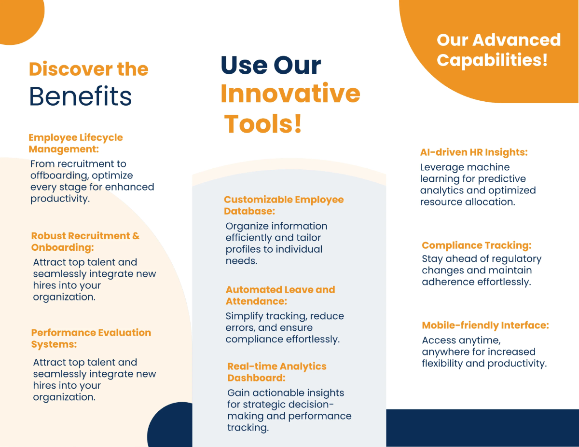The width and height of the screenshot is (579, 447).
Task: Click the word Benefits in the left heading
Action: pos(81,96)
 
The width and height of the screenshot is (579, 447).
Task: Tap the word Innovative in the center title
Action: pos(290,94)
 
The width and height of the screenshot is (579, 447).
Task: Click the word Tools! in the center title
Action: pos(263,124)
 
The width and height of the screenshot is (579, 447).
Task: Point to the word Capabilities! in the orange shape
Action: pos(492,61)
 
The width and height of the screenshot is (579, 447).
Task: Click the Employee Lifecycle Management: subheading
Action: pos(76,143)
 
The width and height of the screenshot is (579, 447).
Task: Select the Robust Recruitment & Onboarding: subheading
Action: pos(85,242)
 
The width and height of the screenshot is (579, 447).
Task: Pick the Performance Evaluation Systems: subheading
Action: pos(91,339)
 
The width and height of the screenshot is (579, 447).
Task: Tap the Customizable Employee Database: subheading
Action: pos(284,205)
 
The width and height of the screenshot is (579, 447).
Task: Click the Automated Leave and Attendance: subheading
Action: pos(280,295)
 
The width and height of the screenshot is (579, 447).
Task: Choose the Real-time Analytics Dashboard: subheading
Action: pos(276,372)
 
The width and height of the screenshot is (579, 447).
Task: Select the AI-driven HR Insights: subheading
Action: pos(474,152)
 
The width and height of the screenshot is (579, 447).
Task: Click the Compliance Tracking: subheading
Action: pos(476,245)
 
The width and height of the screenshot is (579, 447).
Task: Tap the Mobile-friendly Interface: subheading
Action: pos(485,325)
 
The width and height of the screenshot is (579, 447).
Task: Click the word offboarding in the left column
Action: pos(59,176)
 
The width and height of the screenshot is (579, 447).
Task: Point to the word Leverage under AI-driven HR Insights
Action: pos(441,167)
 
